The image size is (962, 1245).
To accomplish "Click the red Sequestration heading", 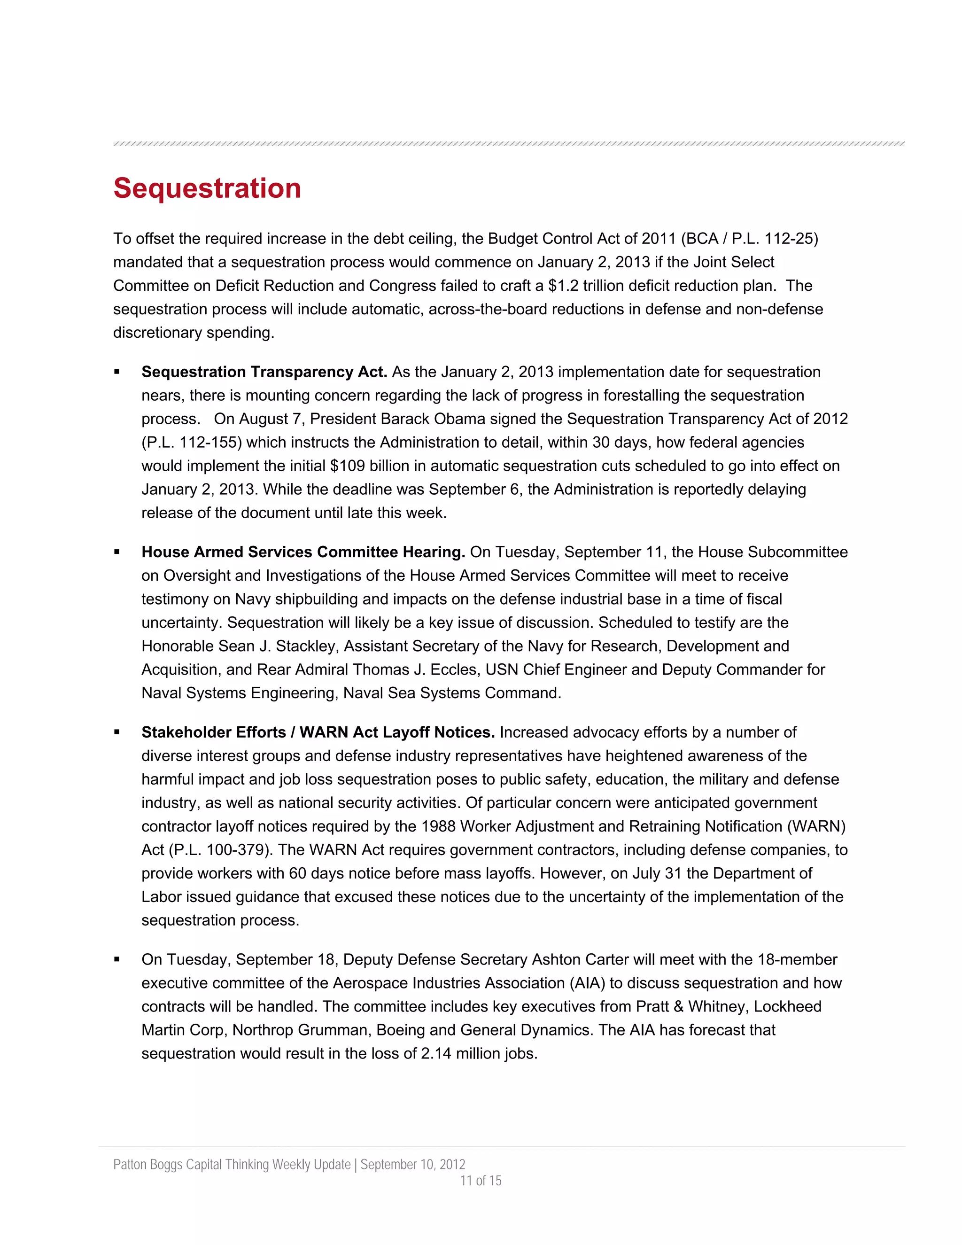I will click(207, 188).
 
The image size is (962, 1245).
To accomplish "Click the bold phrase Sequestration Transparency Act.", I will click(264, 372).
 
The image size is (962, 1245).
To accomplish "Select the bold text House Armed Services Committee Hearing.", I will click(303, 552).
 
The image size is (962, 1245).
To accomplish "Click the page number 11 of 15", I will click(481, 1181).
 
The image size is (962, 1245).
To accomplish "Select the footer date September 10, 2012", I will click(412, 1164).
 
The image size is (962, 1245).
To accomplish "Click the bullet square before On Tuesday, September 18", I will click(117, 959).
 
